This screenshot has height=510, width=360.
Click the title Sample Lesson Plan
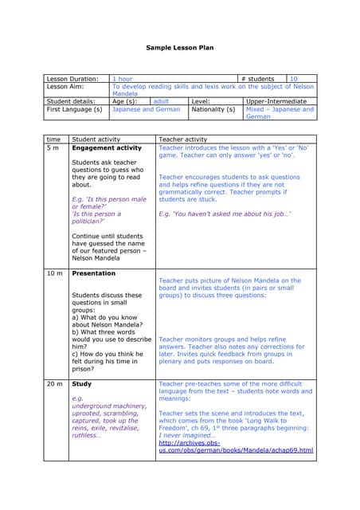[x=179, y=48]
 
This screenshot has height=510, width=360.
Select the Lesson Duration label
[x=72, y=79]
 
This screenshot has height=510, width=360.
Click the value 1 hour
[x=122, y=79]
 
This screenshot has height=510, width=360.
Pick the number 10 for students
[x=294, y=79]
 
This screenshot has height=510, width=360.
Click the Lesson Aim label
[x=67, y=86]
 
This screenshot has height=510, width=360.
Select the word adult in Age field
[x=161, y=101]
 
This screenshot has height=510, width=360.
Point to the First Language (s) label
[x=75, y=109]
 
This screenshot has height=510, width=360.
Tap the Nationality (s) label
[x=213, y=109]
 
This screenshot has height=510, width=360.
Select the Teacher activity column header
[x=183, y=139]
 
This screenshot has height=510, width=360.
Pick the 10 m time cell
[x=54, y=273]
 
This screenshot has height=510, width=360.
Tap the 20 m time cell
[x=54, y=383]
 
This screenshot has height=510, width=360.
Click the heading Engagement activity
[x=107, y=147]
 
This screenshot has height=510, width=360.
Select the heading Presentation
[x=94, y=273]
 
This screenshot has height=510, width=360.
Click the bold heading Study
[x=81, y=383]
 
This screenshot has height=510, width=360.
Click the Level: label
[x=201, y=101]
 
